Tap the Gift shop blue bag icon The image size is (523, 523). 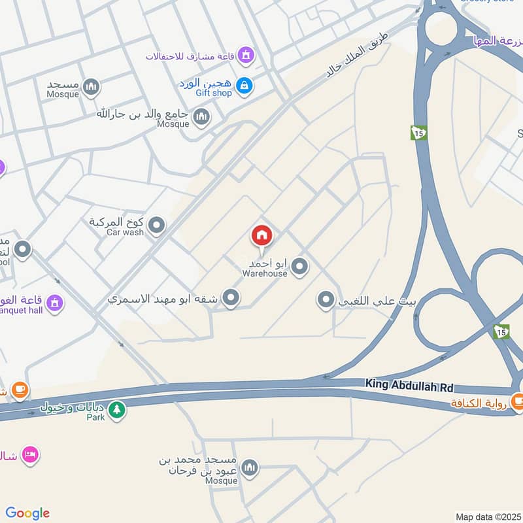point(244,86)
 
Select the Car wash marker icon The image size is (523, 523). point(156,227)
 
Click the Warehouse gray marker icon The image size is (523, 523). point(299,266)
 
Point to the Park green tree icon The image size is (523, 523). point(116,411)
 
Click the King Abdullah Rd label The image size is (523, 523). point(409,386)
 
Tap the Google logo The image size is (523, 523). point(27,513)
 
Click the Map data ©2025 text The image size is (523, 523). point(488,516)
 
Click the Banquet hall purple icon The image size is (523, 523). point(56,303)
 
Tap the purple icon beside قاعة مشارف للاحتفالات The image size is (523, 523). point(246,55)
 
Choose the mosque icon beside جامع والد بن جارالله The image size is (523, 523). point(202,118)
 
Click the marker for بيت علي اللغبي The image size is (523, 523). point(326,301)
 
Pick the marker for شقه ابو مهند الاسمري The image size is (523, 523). point(230,299)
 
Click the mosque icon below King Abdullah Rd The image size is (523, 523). point(249,468)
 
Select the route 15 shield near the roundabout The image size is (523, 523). point(418,133)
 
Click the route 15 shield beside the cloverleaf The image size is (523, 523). point(501,332)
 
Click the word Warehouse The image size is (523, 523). point(265,274)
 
